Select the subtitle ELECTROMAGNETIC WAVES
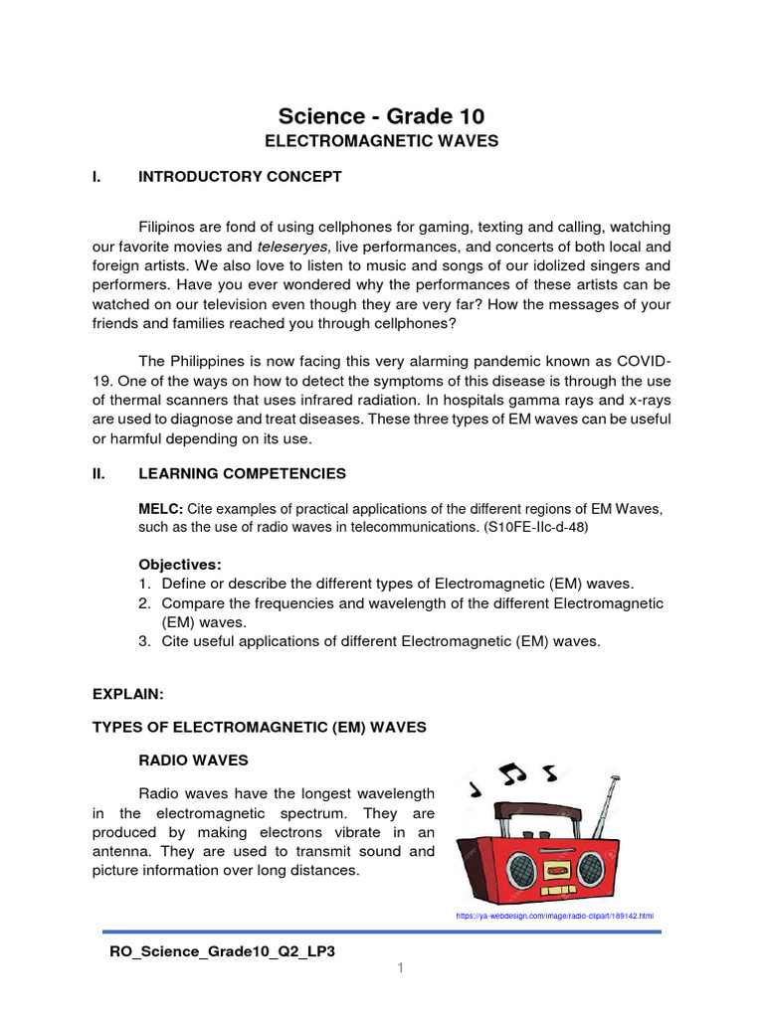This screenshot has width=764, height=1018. pos(381,141)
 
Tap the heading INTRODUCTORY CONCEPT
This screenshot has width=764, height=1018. pos(240,177)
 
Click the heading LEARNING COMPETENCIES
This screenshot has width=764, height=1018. pos(243,474)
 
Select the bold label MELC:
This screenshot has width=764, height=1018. pos(160,509)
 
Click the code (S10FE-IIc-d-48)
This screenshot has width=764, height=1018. pos(536,528)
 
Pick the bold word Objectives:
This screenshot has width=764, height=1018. pos(180,564)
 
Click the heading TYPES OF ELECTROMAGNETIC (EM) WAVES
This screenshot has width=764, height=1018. pos(260,727)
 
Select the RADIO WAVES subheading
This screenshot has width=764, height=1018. pos(193,760)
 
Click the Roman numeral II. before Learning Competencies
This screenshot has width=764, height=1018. pos(99,474)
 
